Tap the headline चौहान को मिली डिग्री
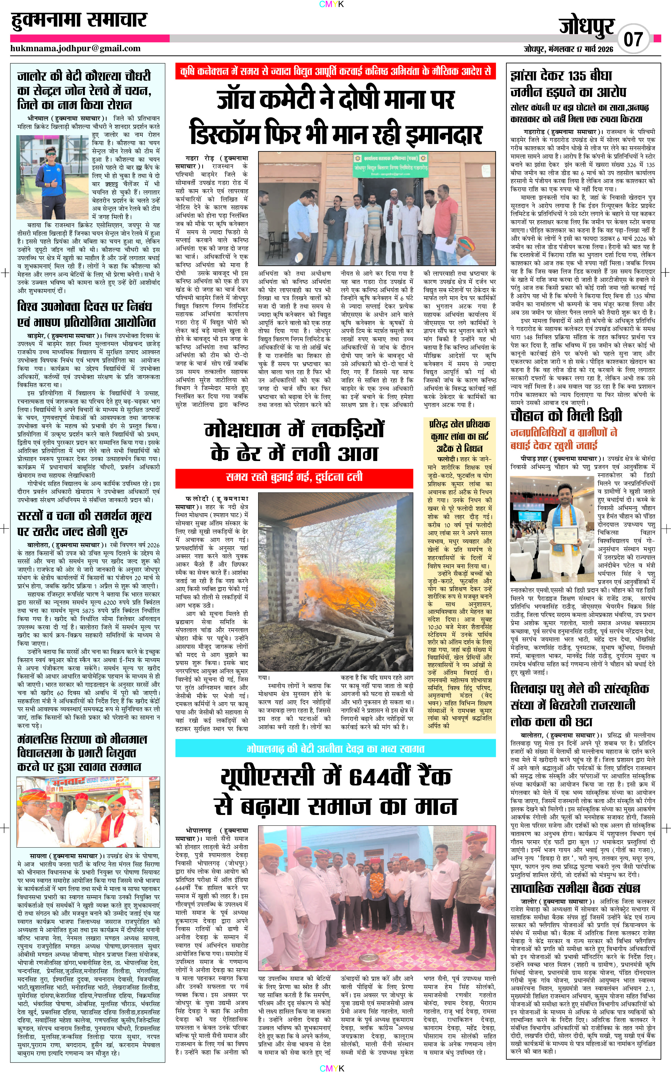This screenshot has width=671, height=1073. coord(566,416)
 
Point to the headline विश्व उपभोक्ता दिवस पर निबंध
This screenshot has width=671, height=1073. coord(84,306)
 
